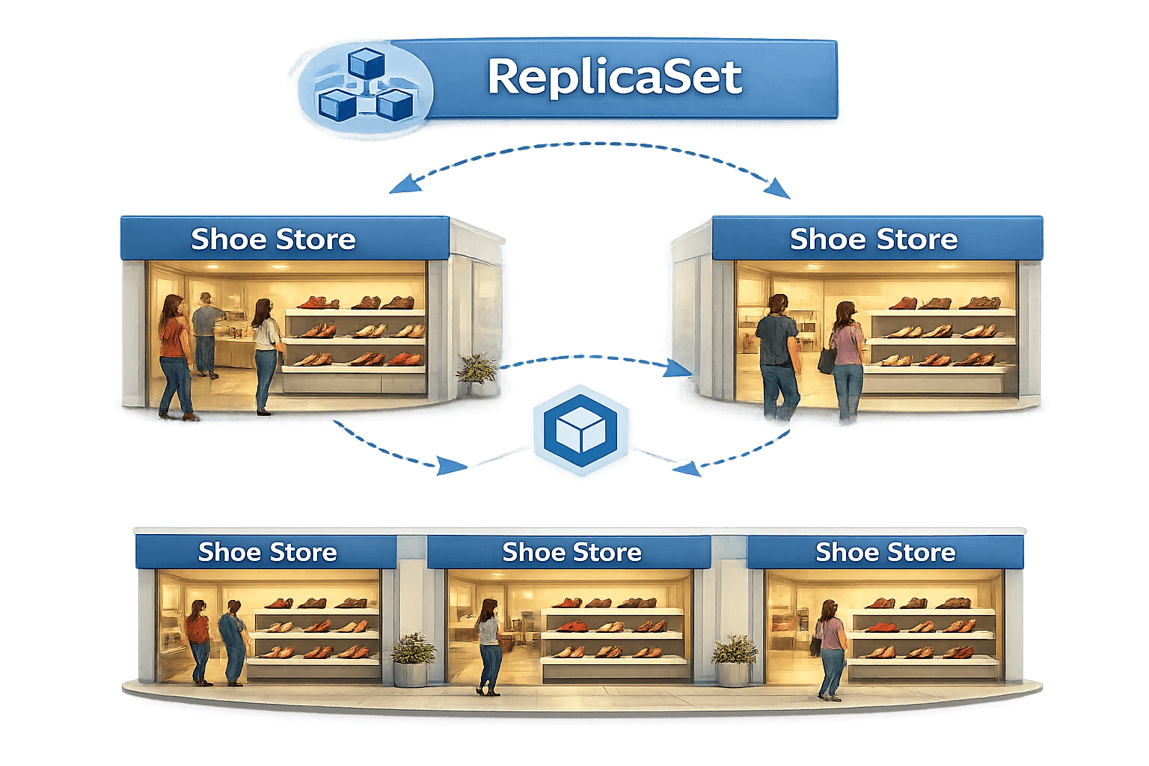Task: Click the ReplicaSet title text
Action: pos(614,78)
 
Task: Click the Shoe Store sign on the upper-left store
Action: pos(273,239)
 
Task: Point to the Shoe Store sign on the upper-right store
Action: pos(874,239)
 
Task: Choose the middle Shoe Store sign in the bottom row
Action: pos(572,552)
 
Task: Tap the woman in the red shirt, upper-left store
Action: pos(174,355)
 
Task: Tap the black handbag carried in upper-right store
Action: pos(827,360)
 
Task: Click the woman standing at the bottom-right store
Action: pos(830,647)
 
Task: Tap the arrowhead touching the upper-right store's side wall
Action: pos(679,367)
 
